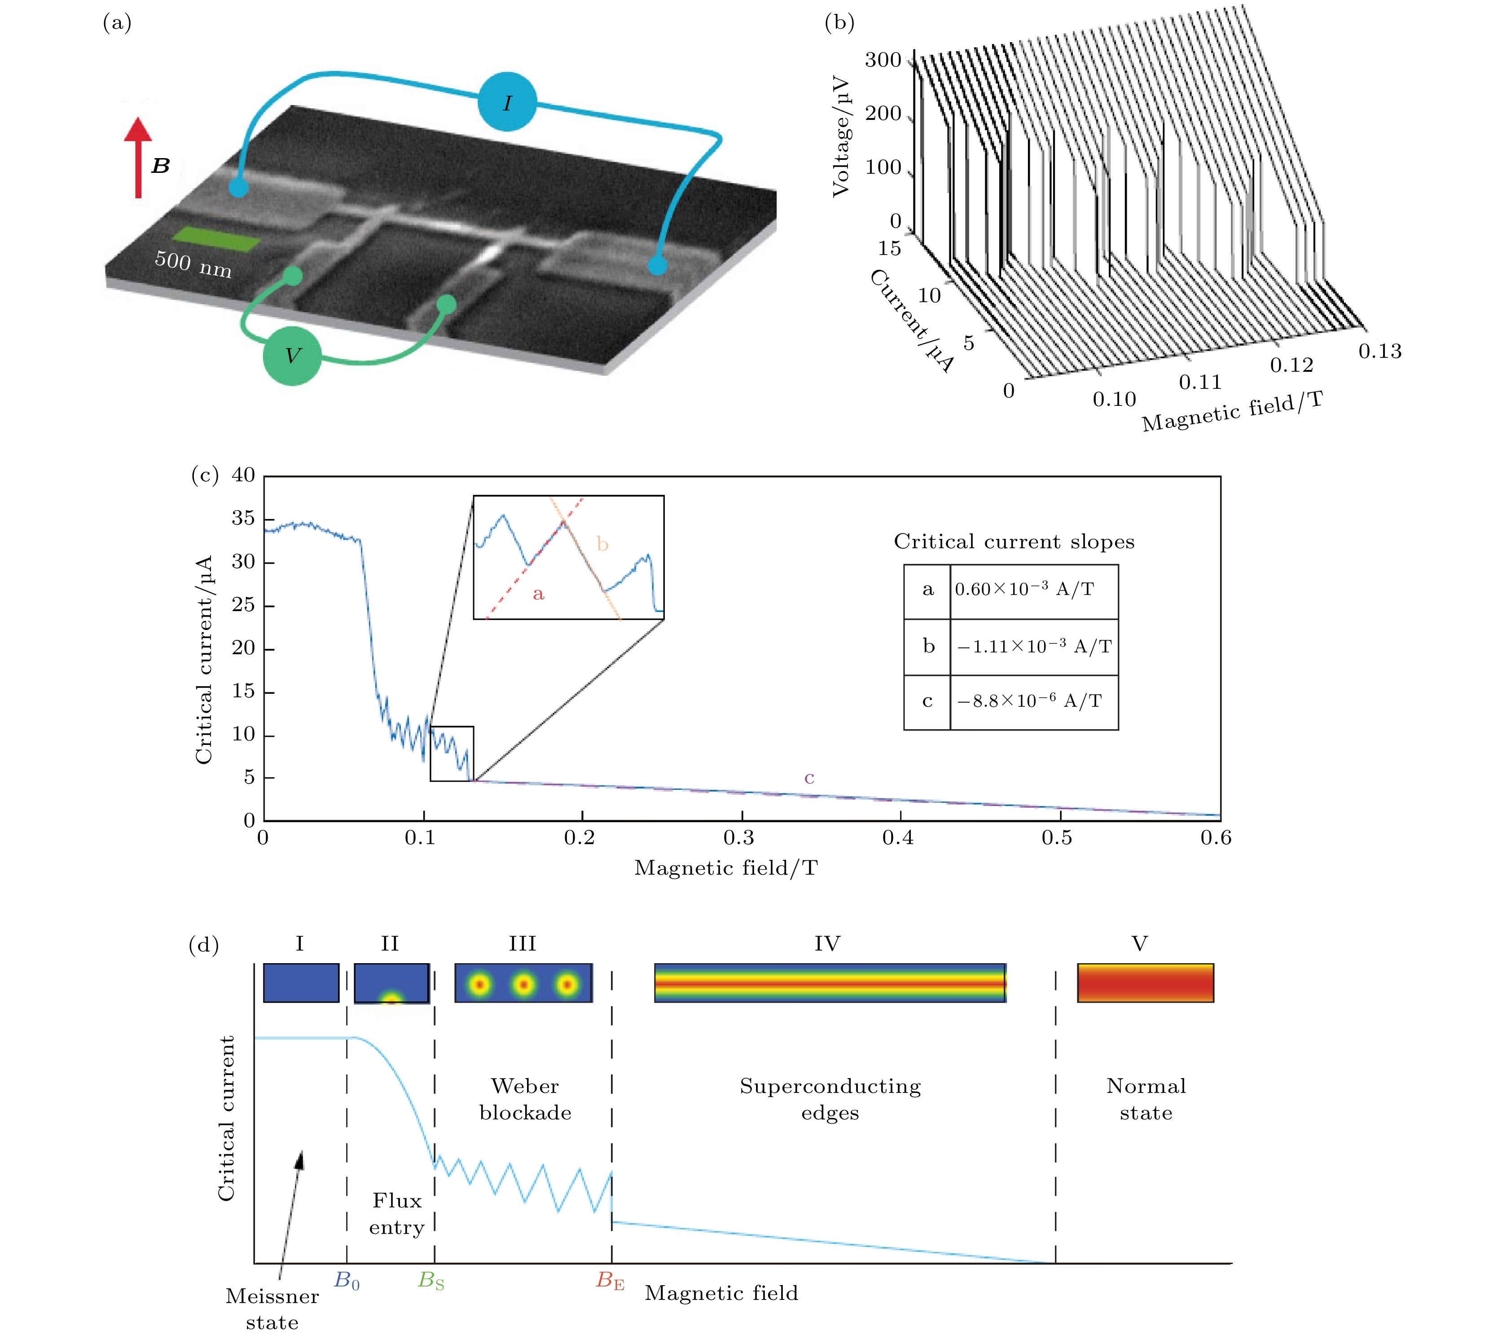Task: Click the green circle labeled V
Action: click(x=292, y=356)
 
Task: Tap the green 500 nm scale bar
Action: click(x=216, y=239)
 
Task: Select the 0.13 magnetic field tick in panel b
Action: click(x=1380, y=352)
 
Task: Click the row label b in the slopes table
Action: click(x=928, y=646)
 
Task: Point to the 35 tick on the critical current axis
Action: click(x=243, y=519)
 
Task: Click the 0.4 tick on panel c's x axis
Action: click(x=898, y=838)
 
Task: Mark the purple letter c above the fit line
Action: click(x=809, y=778)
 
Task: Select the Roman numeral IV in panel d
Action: click(x=827, y=944)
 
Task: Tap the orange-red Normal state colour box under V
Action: click(x=1145, y=983)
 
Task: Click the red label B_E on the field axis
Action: click(x=610, y=1282)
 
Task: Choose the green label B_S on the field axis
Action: click(x=431, y=1282)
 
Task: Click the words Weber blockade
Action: click(x=525, y=1099)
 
